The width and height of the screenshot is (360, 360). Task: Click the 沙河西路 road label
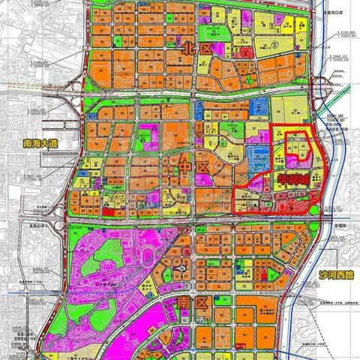click(x=334, y=275)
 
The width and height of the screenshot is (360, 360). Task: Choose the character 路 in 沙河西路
click(x=347, y=275)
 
